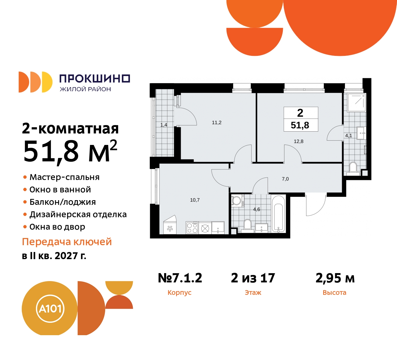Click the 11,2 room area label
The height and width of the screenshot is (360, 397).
point(216,123)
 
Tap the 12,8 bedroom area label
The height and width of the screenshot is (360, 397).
point(298,142)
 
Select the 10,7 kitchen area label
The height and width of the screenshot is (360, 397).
point(195,200)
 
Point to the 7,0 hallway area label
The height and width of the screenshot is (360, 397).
point(285,179)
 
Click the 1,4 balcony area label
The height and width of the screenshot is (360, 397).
point(163,125)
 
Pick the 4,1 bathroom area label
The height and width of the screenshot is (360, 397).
point(349,136)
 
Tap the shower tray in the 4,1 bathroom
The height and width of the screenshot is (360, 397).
point(356,102)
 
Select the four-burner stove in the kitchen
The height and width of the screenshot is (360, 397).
point(192,228)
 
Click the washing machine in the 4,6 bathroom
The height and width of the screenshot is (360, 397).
point(237,201)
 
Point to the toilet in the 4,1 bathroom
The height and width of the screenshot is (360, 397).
point(353,168)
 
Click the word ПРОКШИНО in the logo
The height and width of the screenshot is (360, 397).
point(95,79)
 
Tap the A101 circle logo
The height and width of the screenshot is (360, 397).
point(50,309)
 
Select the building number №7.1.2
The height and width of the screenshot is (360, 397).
point(180,278)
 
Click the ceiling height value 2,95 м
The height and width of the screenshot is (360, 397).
point(335,278)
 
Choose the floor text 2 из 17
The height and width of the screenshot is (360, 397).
point(253,278)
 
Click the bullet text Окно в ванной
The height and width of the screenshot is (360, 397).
point(60,190)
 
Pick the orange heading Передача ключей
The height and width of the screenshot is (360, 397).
point(67,242)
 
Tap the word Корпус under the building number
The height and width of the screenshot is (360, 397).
point(179,293)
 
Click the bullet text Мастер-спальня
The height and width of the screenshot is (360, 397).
point(65,177)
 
